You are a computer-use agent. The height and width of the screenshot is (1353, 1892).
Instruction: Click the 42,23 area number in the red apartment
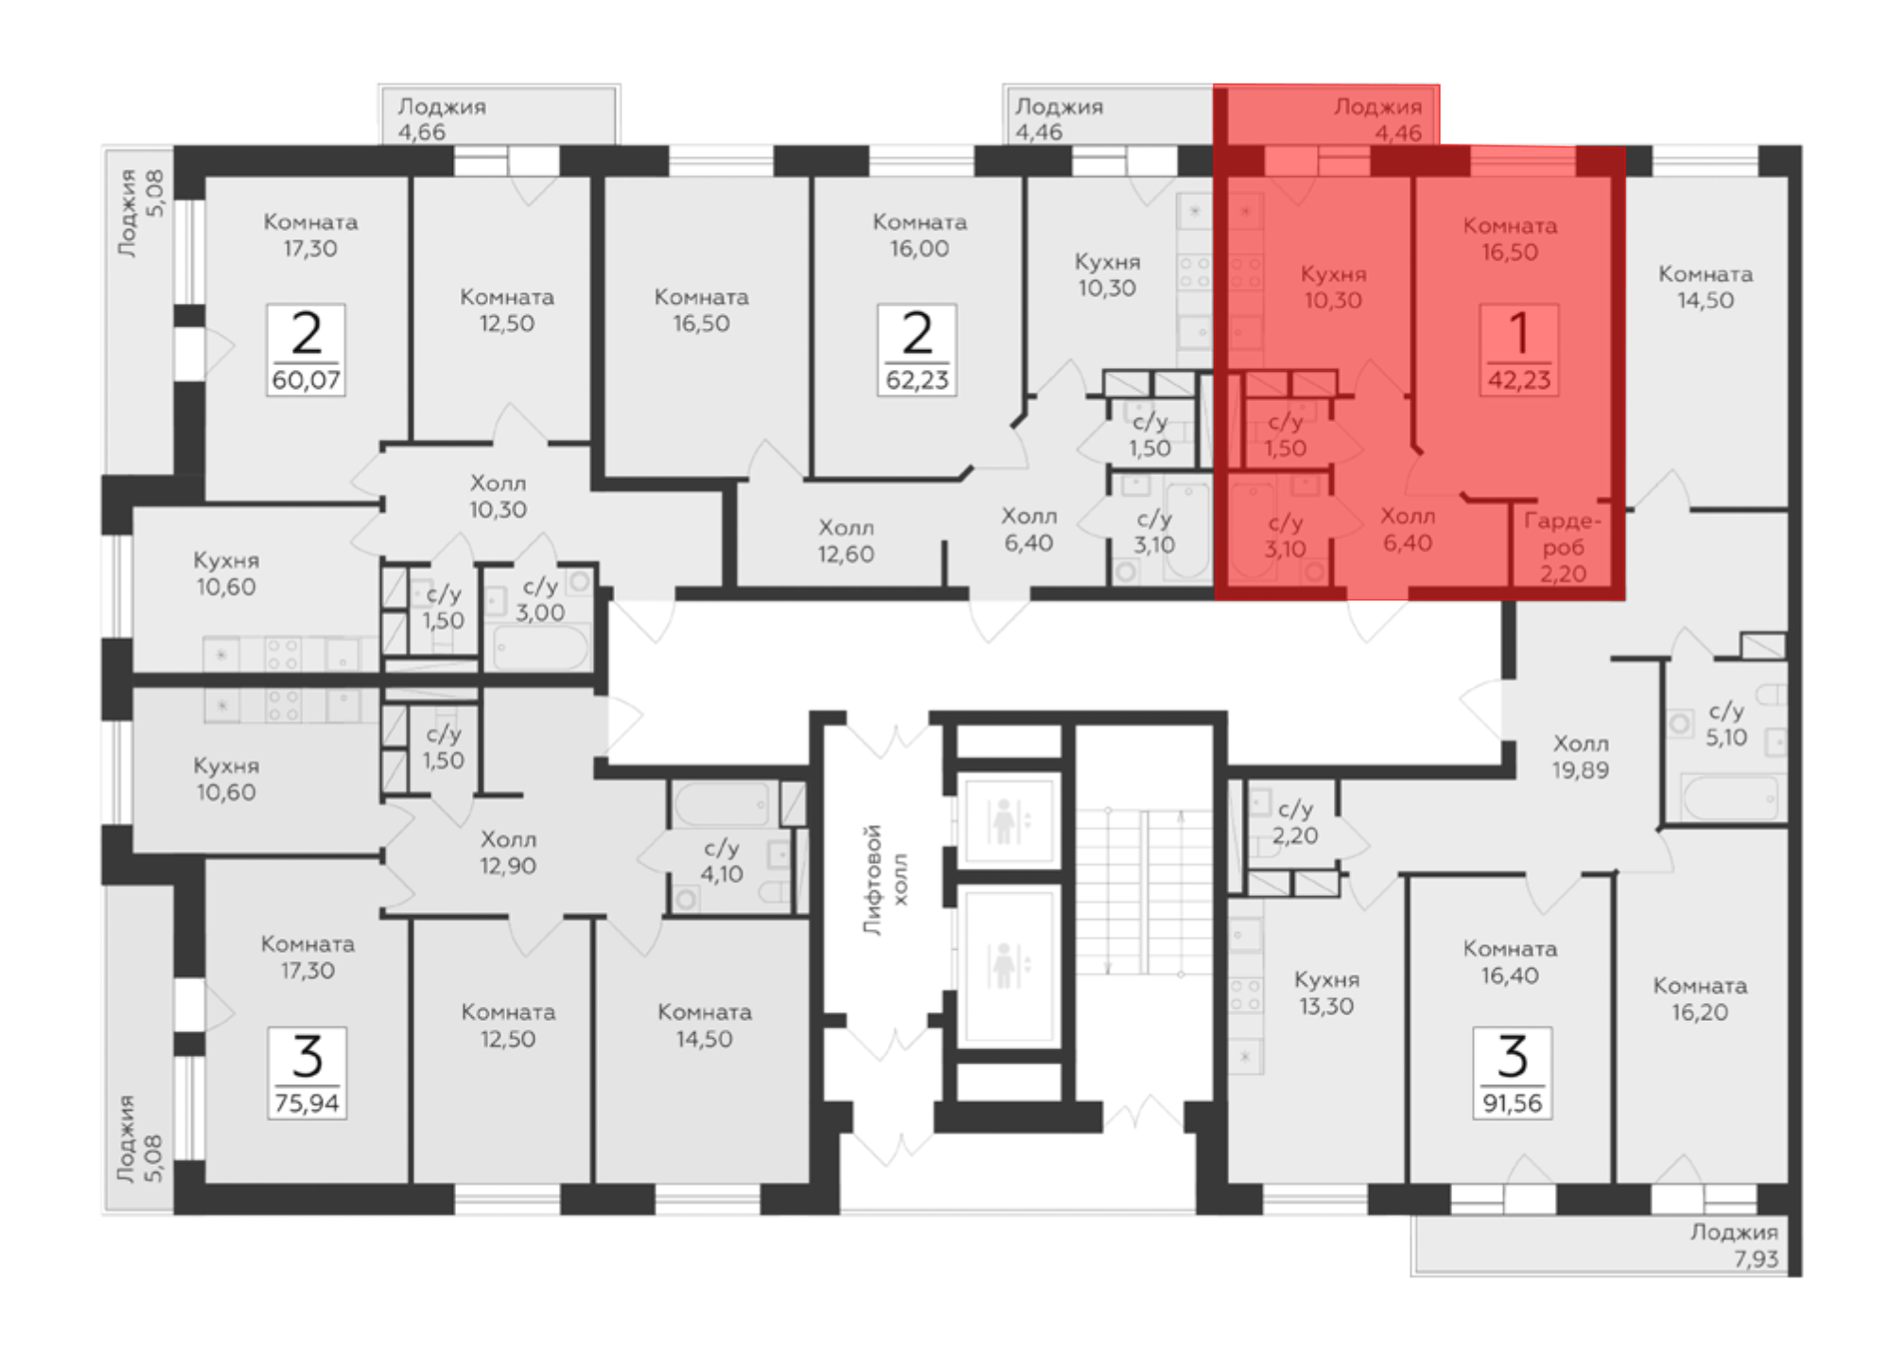(x=1518, y=380)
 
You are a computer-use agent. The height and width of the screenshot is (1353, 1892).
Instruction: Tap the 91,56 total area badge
(x=1512, y=1072)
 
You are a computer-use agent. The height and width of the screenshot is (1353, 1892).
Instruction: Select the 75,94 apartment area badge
(x=307, y=1072)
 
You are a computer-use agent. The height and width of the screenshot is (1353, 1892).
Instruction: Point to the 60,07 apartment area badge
(x=306, y=349)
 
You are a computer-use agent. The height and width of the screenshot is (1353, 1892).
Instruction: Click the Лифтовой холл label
(x=885, y=880)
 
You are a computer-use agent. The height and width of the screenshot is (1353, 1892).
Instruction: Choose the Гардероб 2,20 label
(x=1562, y=547)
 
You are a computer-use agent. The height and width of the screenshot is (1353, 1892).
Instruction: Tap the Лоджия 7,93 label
(x=1734, y=1245)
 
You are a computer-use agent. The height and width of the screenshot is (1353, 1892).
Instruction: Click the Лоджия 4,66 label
(x=442, y=119)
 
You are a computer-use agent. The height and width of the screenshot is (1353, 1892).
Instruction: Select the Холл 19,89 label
(x=1580, y=757)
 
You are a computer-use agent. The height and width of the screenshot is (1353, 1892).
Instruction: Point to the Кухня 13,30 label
(x=1326, y=993)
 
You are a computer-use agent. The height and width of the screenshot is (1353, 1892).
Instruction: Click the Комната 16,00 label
(x=920, y=236)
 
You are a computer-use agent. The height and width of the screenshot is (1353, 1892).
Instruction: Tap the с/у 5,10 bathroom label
(x=1726, y=724)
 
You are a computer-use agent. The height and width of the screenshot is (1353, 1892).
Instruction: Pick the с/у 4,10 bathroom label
(x=721, y=861)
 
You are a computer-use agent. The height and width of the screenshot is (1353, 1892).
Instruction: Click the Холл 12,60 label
(x=846, y=541)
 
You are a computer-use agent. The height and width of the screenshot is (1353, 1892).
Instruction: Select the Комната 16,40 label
(x=1510, y=962)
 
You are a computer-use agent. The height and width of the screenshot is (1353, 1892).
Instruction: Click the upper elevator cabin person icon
(x=1003, y=820)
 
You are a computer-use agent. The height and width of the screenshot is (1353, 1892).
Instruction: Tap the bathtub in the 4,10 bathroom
(x=722, y=804)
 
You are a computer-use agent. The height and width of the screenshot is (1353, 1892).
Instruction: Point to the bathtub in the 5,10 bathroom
(x=1729, y=798)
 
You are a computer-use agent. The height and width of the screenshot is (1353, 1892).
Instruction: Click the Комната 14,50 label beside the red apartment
(x=1706, y=288)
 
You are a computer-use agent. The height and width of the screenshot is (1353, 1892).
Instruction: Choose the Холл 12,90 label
(x=508, y=852)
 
